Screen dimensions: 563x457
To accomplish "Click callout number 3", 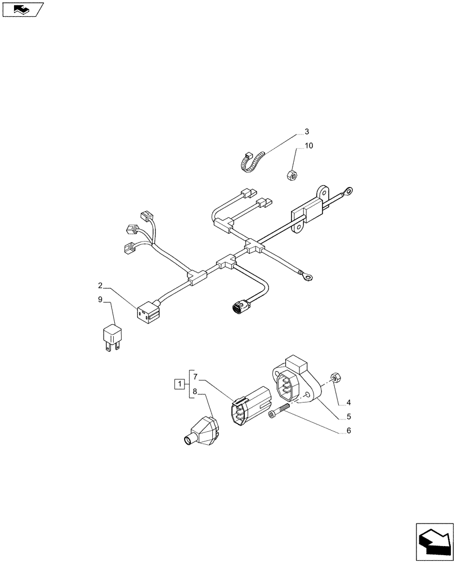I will tap(307, 132).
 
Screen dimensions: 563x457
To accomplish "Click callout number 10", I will tap(309, 146).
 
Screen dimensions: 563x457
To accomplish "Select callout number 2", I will tap(100, 285).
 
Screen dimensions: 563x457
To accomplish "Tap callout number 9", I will tap(100, 300).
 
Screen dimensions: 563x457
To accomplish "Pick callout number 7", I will tap(195, 376).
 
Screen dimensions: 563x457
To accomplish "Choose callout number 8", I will tap(195, 392).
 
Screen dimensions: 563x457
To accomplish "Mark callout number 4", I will tap(348, 403).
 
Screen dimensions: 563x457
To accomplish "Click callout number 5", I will tap(348, 417).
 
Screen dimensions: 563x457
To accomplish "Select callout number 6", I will tap(348, 432).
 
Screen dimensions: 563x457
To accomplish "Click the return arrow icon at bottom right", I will tap(434, 542).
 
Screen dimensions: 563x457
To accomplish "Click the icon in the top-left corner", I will tap(23, 9).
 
